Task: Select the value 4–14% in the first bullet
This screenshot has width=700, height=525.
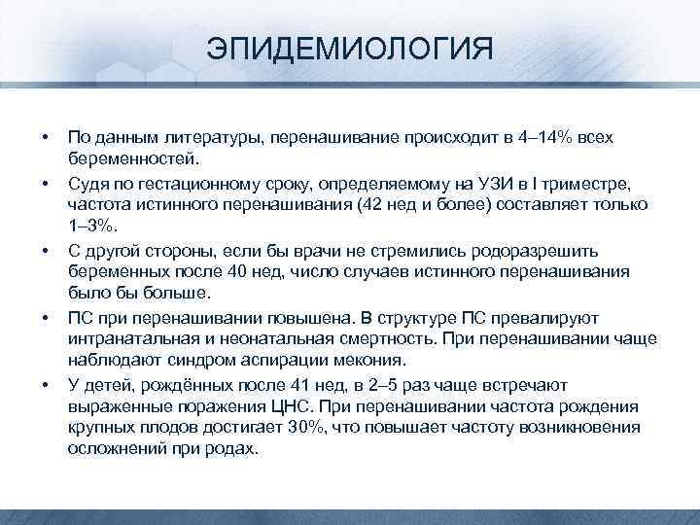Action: [542, 136]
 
